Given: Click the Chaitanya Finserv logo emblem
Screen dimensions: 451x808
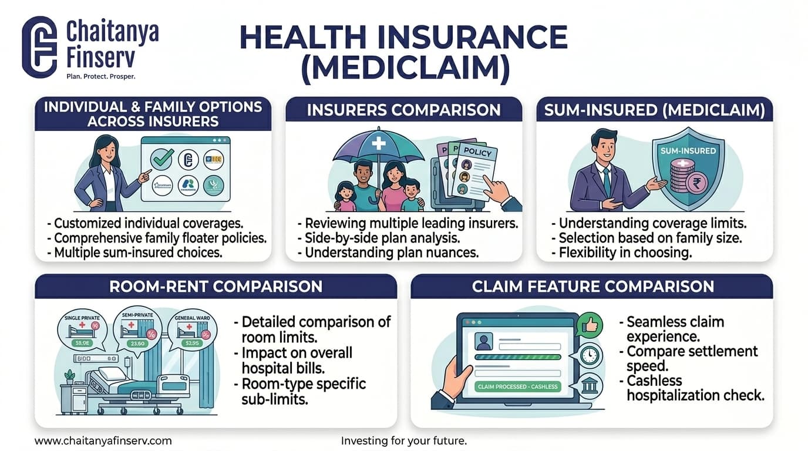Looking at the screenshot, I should (39, 47).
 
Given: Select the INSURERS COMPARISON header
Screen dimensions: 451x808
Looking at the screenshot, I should (403, 110).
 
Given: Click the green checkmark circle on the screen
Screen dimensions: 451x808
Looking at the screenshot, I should (161, 159).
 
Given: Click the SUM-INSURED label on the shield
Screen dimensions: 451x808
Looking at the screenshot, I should (688, 151).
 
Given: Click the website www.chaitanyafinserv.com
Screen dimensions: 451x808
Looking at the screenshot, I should (103, 440).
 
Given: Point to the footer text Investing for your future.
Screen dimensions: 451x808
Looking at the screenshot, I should (403, 440).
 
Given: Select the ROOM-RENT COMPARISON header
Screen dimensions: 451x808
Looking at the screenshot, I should (216, 286).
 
